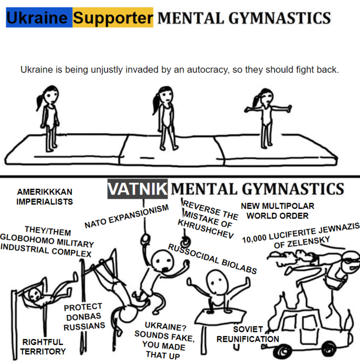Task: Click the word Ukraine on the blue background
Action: coord(37,18)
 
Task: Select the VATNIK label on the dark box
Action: coord(137,189)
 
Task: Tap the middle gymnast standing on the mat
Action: coord(165,118)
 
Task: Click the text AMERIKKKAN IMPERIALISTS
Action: coord(44,197)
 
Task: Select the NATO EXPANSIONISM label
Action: coord(127,216)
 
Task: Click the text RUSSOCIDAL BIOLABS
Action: coord(212,259)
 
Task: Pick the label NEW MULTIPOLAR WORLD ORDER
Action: coord(277,211)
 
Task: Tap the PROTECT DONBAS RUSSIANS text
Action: coord(84,316)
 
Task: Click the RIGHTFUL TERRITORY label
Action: coord(43,347)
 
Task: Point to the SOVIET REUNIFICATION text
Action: coord(248,334)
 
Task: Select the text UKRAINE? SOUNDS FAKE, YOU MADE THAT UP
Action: coord(164,340)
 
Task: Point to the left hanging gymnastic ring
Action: coord(146,239)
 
